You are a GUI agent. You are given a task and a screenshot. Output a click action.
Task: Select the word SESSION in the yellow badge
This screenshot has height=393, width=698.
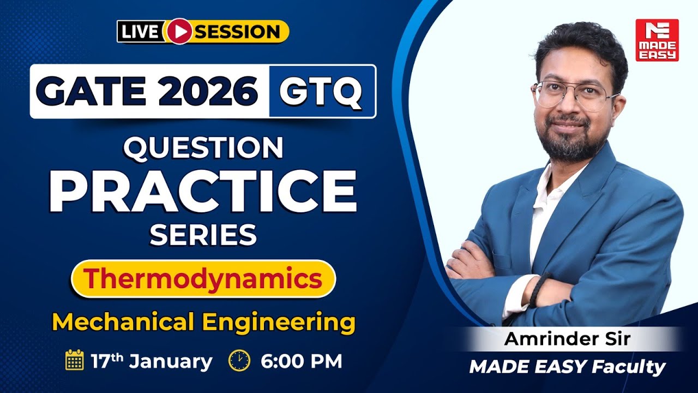tap(238, 32)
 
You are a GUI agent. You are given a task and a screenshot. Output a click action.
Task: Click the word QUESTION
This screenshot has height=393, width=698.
tap(203, 148)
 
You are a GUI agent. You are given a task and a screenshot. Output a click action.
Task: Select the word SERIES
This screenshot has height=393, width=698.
tap(203, 235)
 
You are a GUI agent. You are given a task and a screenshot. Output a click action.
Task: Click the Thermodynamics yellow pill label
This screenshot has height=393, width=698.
tap(203, 279)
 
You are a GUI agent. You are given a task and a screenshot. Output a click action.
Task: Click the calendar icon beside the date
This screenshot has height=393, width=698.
tap(74, 360)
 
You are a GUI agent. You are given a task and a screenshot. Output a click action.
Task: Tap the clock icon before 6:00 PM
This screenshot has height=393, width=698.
tap(239, 360)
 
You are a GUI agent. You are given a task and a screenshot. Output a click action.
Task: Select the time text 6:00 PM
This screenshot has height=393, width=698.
tap(301, 361)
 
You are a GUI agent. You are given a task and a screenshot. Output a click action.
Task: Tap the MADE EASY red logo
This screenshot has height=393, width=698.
tap(657, 40)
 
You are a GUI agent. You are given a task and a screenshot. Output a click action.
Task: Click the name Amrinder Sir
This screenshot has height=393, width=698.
tap(567, 339)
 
